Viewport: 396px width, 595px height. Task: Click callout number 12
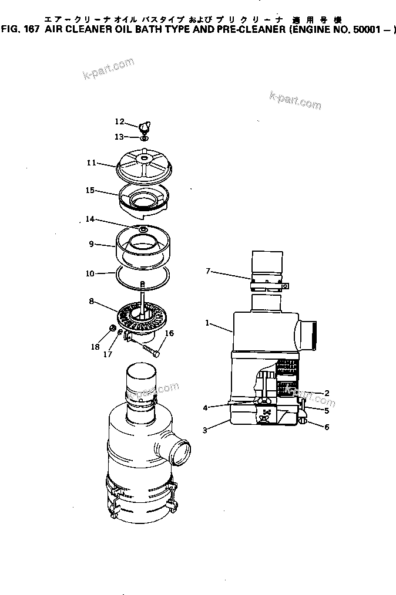pos(119,121)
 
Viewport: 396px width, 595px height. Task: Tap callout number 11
pos(91,163)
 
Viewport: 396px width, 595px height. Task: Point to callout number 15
pos(90,190)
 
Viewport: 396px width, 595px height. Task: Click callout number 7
pos(208,271)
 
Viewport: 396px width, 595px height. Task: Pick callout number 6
pos(327,427)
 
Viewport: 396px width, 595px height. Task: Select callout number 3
pos(204,430)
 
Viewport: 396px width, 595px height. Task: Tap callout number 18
pos(95,347)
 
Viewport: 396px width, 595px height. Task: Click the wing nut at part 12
pos(145,125)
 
